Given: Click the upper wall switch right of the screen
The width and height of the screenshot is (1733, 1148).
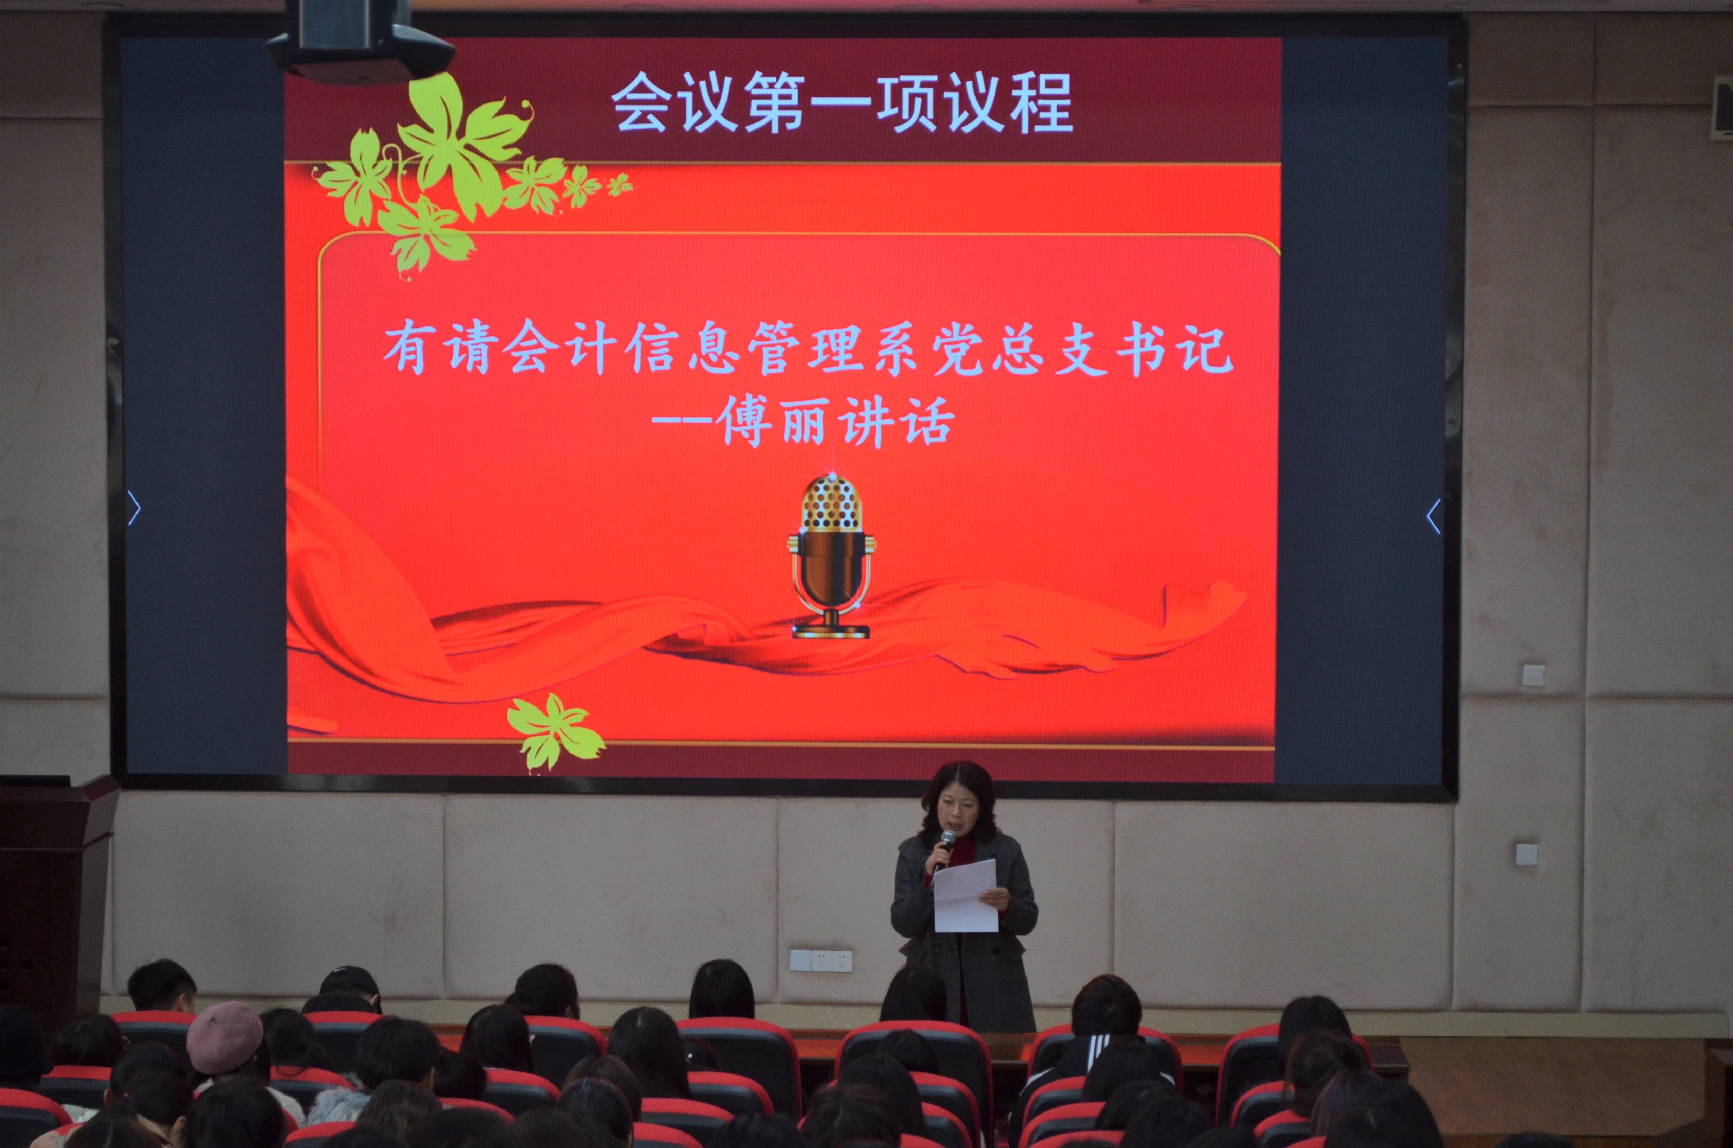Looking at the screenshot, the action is [1533, 674].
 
